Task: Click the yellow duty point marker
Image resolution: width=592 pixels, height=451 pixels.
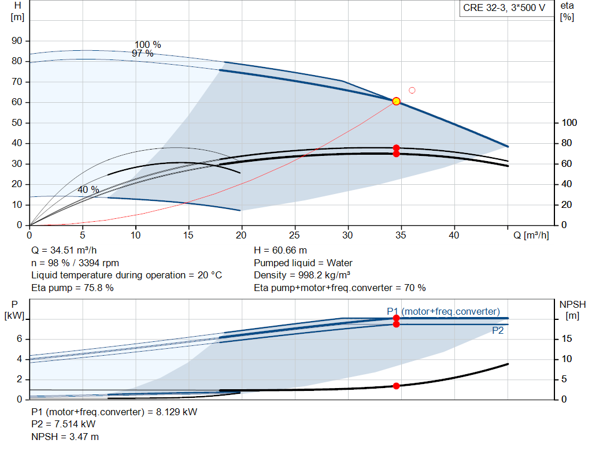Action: pos(396,101)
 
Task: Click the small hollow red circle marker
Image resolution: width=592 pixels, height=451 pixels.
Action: pos(412,91)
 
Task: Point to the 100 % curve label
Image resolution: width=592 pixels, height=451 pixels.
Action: pos(148,45)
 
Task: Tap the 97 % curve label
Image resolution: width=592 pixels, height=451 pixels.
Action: pos(142,54)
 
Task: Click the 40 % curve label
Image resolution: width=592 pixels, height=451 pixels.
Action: pos(88,189)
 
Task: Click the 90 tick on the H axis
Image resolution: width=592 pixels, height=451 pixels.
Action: pos(17,41)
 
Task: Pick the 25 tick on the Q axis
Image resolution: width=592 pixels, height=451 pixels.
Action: pos(294,235)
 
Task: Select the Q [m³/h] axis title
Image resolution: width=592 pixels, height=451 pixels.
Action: pos(531,235)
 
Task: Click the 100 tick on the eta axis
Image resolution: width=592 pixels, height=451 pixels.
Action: pos(569,122)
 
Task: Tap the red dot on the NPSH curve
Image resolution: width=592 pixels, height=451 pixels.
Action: pos(396,386)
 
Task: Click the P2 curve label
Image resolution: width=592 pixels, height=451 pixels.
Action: pos(498,331)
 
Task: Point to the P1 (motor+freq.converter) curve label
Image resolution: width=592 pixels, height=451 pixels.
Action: pos(443,311)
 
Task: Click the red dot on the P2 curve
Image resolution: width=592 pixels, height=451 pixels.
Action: pos(396,325)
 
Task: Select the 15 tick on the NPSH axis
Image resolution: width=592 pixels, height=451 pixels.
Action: pos(567,338)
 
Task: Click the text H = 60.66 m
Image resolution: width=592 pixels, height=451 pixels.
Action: pos(280,250)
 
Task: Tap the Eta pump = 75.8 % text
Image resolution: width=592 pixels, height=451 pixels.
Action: pos(72,288)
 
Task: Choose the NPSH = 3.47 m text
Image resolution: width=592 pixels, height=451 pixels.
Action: pos(65,437)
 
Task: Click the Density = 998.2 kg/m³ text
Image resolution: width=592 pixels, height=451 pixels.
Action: pos(302,275)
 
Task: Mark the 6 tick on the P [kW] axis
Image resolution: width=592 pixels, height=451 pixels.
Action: pos(19,338)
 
